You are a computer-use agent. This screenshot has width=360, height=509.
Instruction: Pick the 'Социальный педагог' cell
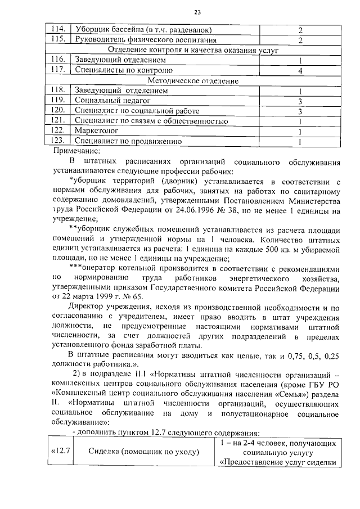pyautogui.click(x=106, y=101)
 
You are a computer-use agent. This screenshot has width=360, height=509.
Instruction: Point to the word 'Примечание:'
pyautogui.click(x=76, y=151)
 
